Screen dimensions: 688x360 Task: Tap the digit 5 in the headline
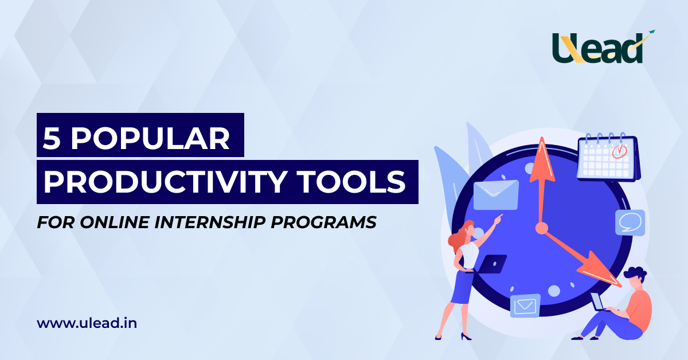coord(52,138)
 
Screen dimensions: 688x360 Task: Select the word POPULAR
coord(150,138)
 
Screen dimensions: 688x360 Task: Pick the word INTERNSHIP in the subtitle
coord(210,222)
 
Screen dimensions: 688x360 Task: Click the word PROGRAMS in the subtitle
coord(323,222)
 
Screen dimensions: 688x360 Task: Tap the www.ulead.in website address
coord(87,323)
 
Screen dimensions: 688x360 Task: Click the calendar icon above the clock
coord(608,156)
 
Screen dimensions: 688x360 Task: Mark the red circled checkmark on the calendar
coord(620,151)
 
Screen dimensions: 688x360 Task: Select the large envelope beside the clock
coord(496,195)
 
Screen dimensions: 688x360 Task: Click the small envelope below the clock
coord(525,306)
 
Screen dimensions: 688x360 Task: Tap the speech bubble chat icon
coord(630,222)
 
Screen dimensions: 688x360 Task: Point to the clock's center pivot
coord(541,228)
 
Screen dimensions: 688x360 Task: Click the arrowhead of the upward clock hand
coord(542,160)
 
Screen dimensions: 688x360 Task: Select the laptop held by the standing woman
coord(491,264)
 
